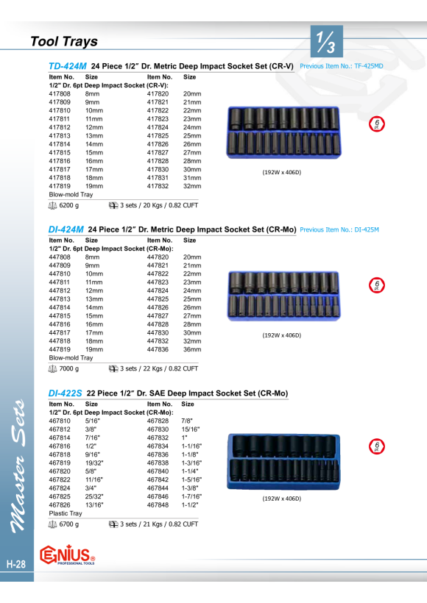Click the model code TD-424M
coord(68,66)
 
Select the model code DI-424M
coord(66,229)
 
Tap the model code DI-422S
coord(65,393)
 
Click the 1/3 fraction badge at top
coord(326,41)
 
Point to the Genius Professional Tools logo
coord(68,554)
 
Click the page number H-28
coord(16,564)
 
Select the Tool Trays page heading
coord(64,41)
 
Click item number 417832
coord(158,186)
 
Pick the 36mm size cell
coord(192,349)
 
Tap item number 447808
coord(60,257)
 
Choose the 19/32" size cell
coord(94,463)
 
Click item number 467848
coord(158,505)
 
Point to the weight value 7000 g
coord(69,368)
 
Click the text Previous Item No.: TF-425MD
coord(342,66)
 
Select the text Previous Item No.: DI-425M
coord(339,229)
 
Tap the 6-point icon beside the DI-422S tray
coord(376,446)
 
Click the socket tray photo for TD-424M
coord(283,132)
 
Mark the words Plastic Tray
coord(66,513)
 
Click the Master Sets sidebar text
coord(18,466)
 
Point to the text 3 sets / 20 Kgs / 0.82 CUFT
coord(159,205)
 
